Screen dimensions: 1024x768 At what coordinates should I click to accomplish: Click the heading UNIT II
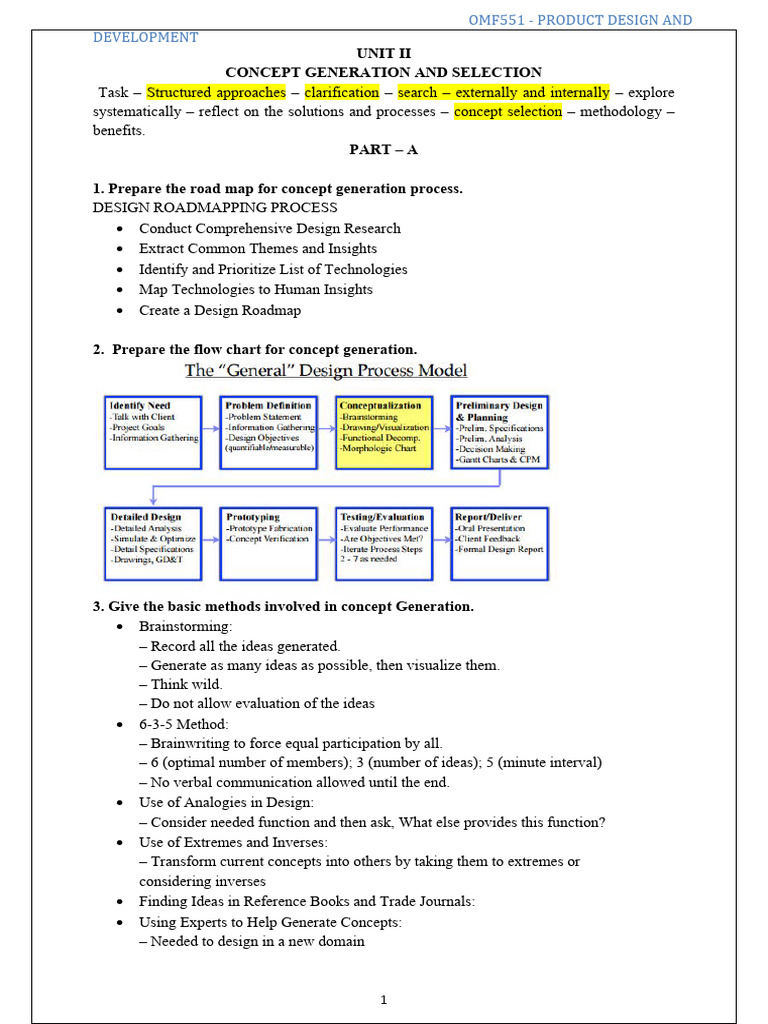pos(383,53)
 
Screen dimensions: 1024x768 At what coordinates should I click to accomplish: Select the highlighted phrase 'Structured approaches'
pos(216,92)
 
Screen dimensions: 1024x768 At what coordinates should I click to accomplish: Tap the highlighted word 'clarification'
pos(342,92)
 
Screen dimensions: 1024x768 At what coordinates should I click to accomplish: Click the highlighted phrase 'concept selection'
pos(508,112)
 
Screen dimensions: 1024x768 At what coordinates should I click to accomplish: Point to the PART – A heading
pos(383,149)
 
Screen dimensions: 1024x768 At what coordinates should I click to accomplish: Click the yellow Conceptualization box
pos(384,432)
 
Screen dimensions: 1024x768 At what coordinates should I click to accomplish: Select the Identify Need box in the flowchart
pos(153,432)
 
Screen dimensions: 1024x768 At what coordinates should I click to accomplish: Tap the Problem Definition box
pos(268,432)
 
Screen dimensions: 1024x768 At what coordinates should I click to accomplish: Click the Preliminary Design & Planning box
pos(500,432)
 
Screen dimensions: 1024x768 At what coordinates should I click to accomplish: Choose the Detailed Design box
pos(153,543)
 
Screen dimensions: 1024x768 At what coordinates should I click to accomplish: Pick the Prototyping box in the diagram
pos(268,543)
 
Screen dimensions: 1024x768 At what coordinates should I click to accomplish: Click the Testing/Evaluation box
pos(384,543)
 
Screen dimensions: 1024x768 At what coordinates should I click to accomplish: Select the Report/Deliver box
pos(500,543)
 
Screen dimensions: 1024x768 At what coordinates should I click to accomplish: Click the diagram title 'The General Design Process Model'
pos(326,371)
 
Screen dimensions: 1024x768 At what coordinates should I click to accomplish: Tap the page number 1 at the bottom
pos(383,999)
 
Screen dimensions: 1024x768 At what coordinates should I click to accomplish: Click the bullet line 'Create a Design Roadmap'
pos(220,310)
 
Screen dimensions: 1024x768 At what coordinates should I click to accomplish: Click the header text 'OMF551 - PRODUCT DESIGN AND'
pos(580,20)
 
